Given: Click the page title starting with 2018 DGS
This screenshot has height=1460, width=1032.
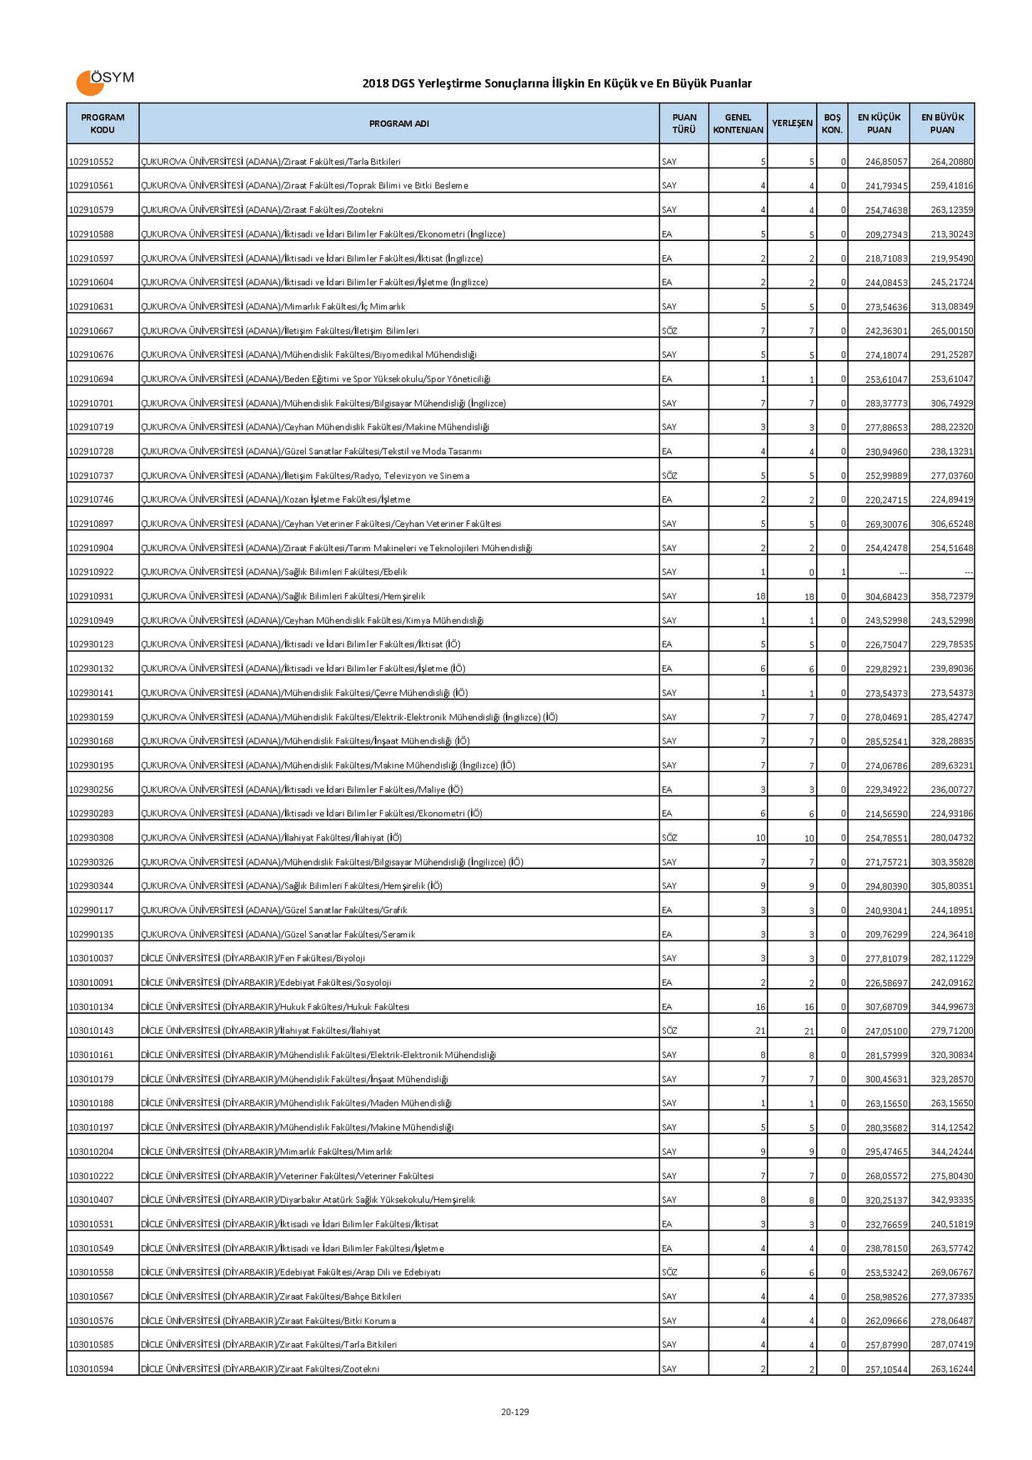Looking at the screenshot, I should pos(557,83).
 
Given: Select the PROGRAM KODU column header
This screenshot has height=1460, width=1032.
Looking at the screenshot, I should pos(103,123).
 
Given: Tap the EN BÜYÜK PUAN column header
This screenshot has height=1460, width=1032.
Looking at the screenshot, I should pos(942,123).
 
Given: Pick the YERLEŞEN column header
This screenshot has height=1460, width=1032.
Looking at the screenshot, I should pos(792,123).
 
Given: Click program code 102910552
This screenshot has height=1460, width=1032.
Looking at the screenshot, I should pos(91,162).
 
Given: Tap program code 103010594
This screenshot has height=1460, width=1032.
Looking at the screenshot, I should pos(91,1369).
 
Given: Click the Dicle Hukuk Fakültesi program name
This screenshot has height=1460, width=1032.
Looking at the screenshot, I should pos(275,1007).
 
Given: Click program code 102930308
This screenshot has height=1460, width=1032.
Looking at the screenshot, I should pos(91,838).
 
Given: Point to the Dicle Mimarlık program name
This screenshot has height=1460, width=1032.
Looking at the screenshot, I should pos(267,1151).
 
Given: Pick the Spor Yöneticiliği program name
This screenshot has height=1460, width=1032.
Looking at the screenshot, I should pos(315,379).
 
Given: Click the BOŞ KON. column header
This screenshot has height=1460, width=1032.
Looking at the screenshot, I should pos(832,123).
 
